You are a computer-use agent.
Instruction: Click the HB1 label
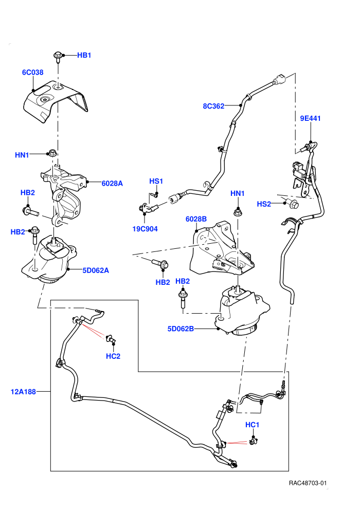pyautogui.click(x=84, y=55)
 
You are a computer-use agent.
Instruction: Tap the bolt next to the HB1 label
pyautogui.click(x=58, y=57)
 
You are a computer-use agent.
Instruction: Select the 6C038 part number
pyautogui.click(x=32, y=72)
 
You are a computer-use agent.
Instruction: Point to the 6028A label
pyautogui.click(x=112, y=184)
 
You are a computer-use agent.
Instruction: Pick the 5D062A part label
pyautogui.click(x=96, y=270)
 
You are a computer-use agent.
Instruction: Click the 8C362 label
pyautogui.click(x=213, y=106)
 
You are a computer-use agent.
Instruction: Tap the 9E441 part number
pyautogui.click(x=310, y=118)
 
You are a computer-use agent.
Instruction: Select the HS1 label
pyautogui.click(x=156, y=181)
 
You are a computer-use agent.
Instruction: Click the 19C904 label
pyautogui.click(x=145, y=229)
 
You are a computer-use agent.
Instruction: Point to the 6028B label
pyautogui.click(x=196, y=219)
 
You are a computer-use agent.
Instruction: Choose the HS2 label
pyautogui.click(x=264, y=204)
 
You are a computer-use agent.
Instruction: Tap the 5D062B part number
pyautogui.click(x=181, y=329)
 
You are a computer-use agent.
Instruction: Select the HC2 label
pyautogui.click(x=113, y=356)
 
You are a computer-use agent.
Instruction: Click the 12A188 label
pyautogui.click(x=23, y=392)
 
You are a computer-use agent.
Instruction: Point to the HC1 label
pyautogui.click(x=252, y=425)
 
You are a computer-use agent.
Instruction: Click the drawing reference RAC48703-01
pyautogui.click(x=308, y=483)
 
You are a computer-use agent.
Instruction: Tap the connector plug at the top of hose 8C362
pyautogui.click(x=279, y=80)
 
